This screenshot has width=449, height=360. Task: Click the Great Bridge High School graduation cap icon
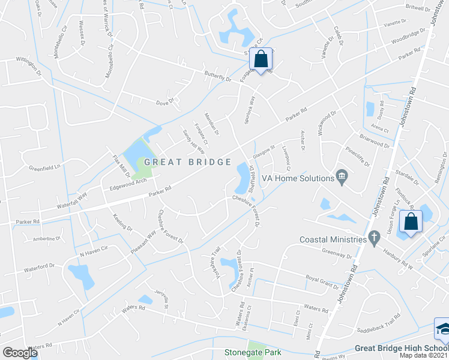(x=443, y=329)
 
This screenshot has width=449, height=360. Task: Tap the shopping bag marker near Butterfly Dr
(x=261, y=59)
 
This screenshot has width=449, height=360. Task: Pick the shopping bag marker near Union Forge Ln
(x=412, y=221)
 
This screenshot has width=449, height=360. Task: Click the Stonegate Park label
(x=252, y=353)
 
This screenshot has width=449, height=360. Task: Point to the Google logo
(x=20, y=353)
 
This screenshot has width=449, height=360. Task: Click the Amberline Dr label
(x=47, y=239)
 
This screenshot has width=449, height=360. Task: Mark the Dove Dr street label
(x=164, y=102)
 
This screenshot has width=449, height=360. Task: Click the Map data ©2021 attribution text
(x=424, y=356)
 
